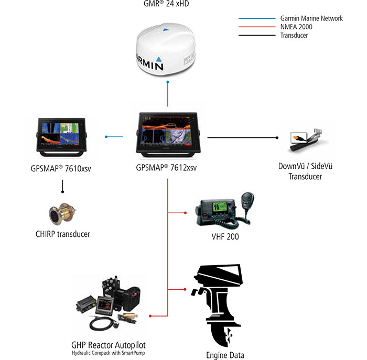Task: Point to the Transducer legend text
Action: [294, 35]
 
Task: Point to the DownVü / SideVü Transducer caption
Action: [305, 171]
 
